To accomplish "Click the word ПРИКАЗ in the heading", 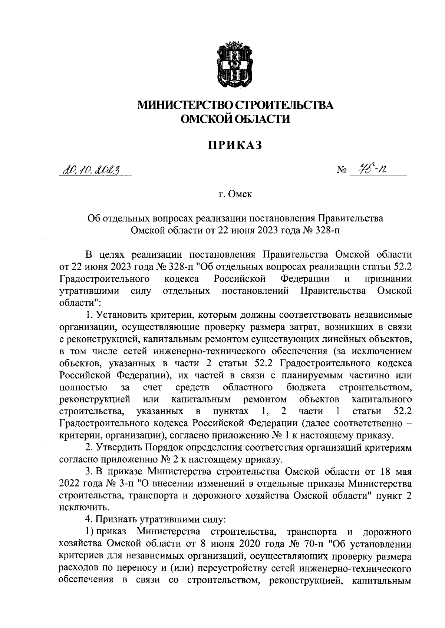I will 235,145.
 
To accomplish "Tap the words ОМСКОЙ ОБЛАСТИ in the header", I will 235,118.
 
